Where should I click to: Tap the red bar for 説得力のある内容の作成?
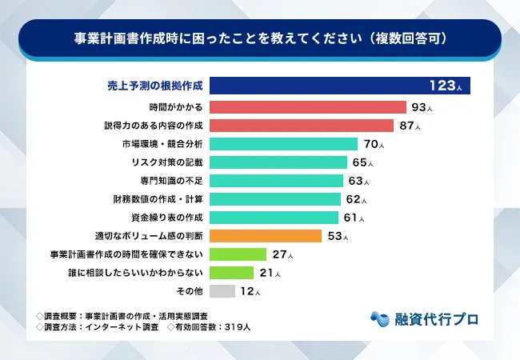click(303, 126)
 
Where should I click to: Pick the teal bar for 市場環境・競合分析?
click(284, 144)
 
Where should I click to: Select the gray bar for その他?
click(223, 291)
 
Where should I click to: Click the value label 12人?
click(250, 292)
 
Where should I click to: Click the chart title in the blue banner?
click(260, 38)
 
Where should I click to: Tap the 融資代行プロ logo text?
click(436, 318)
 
